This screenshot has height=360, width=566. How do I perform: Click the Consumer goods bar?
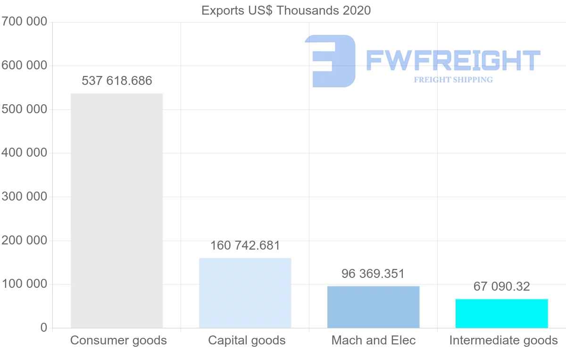click(117, 210)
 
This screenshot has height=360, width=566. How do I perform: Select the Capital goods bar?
click(245, 293)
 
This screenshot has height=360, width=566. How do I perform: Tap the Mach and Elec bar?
click(373, 307)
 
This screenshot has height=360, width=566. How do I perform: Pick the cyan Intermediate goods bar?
click(501, 313)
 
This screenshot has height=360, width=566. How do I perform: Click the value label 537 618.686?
click(117, 81)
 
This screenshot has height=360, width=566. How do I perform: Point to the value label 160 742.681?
click(245, 246)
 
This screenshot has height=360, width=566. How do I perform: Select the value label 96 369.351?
click(373, 274)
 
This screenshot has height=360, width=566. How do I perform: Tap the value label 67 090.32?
click(501, 286)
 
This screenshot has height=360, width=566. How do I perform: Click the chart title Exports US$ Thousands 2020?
click(286, 10)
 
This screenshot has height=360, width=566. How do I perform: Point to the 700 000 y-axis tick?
click(24, 22)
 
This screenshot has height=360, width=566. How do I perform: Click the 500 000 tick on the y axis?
click(24, 109)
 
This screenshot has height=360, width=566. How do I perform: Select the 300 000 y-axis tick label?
click(24, 197)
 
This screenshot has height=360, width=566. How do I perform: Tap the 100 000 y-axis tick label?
click(24, 284)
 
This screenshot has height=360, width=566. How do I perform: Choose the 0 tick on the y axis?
click(44, 328)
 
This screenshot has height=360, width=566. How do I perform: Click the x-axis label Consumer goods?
click(118, 340)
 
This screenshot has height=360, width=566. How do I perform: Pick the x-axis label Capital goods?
click(247, 340)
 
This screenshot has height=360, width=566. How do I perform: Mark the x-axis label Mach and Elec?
click(374, 340)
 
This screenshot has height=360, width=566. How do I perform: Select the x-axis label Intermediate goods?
click(503, 340)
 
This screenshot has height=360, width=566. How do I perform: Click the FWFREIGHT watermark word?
click(453, 60)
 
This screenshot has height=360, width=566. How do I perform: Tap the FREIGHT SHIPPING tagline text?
click(453, 80)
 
